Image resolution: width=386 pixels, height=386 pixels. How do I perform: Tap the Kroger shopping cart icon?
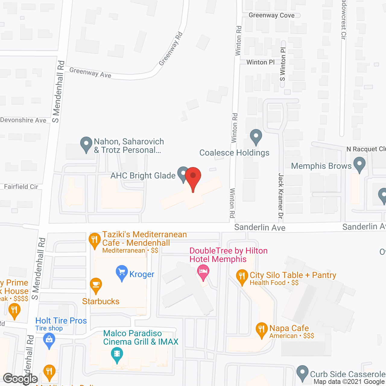[x=122, y=273]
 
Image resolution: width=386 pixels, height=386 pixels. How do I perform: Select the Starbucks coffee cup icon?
[x=96, y=285]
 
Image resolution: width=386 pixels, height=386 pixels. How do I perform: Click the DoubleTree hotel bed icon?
[x=203, y=271]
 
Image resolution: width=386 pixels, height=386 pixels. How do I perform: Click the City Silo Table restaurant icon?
[x=242, y=277]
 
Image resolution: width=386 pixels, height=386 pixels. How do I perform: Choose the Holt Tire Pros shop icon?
[x=49, y=340]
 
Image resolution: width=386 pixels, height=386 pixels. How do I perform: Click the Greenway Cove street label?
[x=271, y=15]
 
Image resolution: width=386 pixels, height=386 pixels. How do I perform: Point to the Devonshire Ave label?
[x=23, y=120]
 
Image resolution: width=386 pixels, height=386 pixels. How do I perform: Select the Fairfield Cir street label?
[x=21, y=187]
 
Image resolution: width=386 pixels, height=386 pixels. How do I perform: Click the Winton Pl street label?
[x=261, y=62]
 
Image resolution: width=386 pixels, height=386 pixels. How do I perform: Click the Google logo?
[x=21, y=379]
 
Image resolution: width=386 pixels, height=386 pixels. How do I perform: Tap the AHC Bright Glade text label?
[x=143, y=176]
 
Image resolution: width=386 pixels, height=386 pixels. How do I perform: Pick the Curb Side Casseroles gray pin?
[x=302, y=373]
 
